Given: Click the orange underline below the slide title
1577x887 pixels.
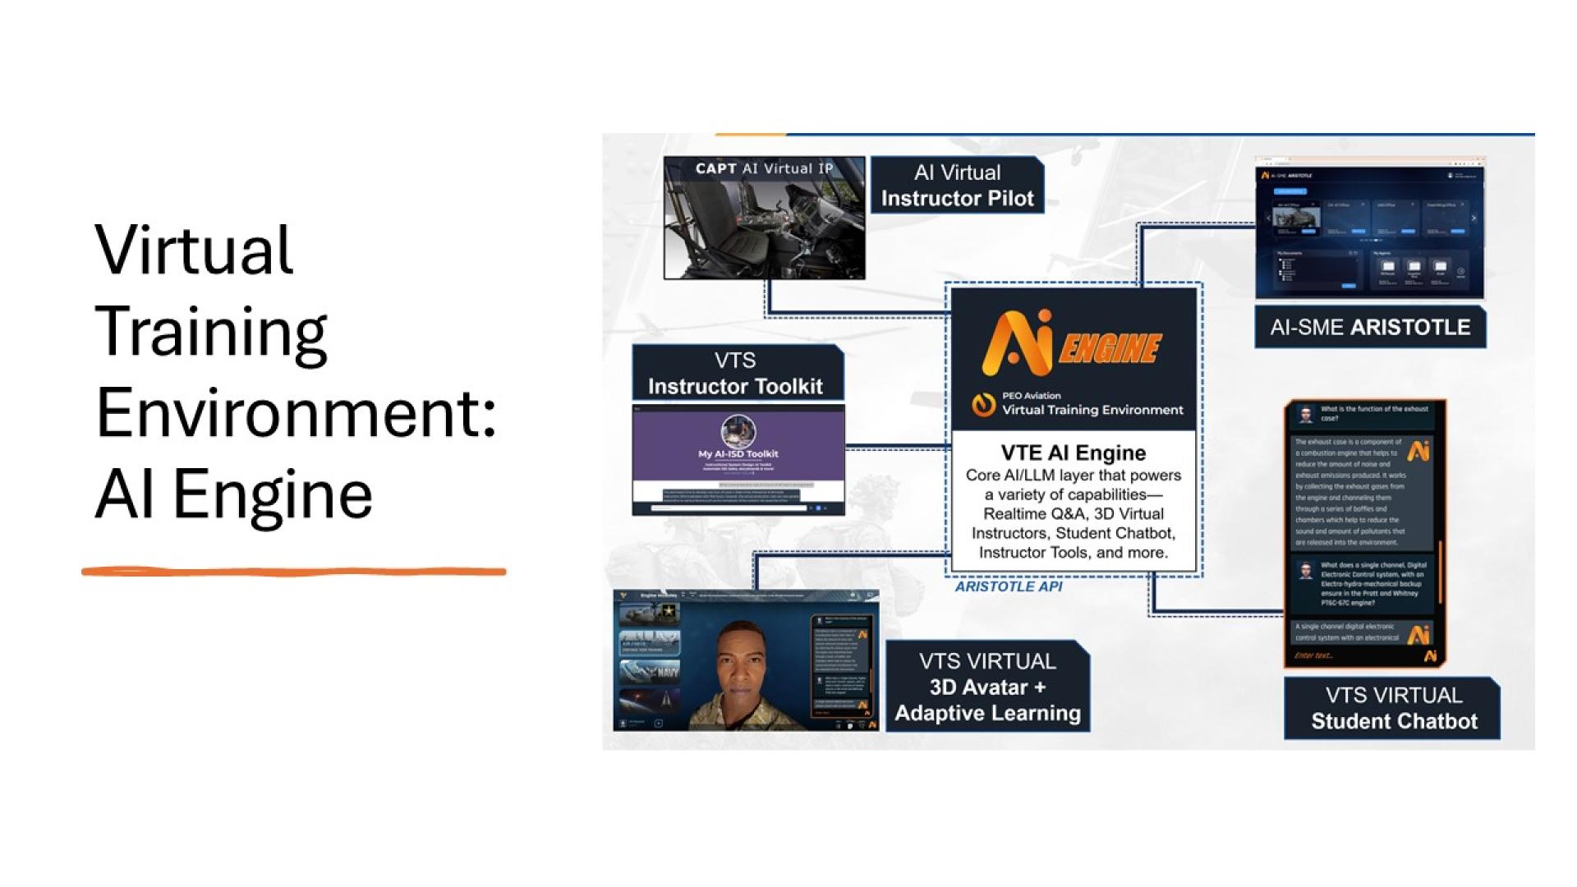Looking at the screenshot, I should click(x=293, y=571).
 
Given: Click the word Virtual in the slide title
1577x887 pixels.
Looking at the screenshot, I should click(x=194, y=250).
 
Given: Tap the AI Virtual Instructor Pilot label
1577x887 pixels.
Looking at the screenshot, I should click(x=957, y=186).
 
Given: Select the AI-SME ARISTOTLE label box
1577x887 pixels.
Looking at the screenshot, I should click(x=1369, y=327).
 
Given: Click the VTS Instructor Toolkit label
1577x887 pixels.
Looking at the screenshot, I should click(x=735, y=374).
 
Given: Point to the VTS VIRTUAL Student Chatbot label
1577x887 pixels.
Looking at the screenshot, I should click(x=1393, y=708).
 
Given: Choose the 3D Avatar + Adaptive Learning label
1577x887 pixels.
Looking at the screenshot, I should click(x=987, y=687).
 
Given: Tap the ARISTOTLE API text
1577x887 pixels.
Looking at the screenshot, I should click(x=1009, y=586).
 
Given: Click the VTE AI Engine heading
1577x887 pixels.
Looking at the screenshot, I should click(x=1073, y=453).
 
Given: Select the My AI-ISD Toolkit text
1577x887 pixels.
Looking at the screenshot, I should click(x=738, y=453).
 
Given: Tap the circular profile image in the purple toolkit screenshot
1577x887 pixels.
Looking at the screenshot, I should click(x=738, y=430).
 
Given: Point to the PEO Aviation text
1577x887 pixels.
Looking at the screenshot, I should click(x=1031, y=395).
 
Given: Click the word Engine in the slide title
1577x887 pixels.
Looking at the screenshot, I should click(x=273, y=494).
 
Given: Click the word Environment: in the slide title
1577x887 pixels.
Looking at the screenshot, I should click(x=296, y=412).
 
